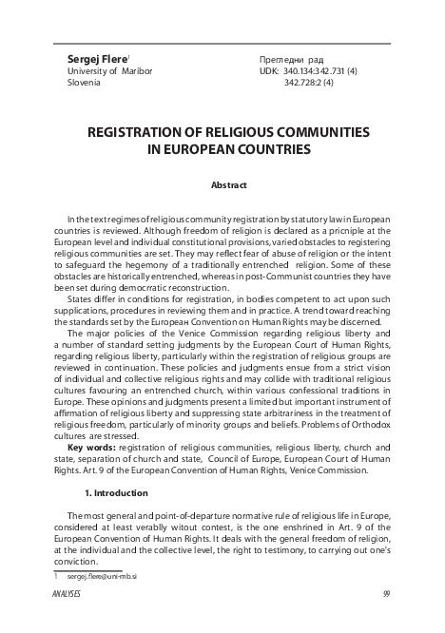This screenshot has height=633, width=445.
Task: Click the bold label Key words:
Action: [x=89, y=446]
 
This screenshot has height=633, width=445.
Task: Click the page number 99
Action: [x=386, y=594]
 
